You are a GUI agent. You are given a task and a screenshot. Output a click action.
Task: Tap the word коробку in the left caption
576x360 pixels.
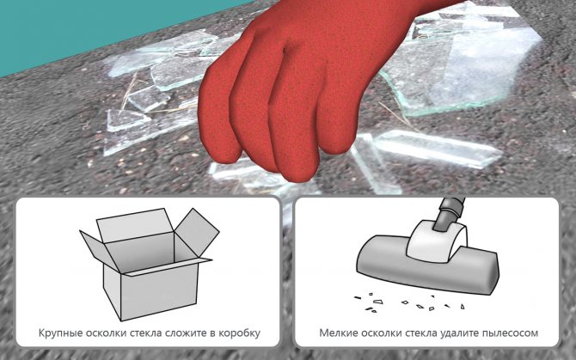tap(240, 333)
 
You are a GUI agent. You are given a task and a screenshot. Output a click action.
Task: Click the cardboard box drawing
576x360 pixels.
tap(149, 264)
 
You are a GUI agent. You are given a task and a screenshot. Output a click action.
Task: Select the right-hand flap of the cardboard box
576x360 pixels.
tap(197, 231)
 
